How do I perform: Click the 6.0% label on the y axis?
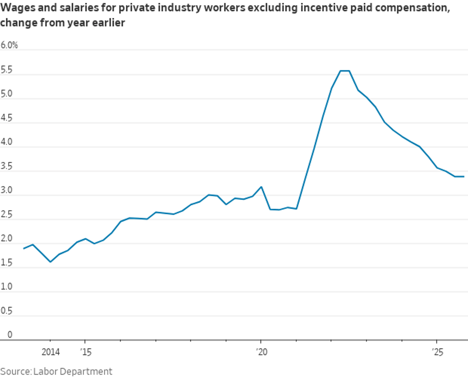9,45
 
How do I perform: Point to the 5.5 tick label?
7,70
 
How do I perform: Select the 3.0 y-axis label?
7,191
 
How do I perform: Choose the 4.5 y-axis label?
7,119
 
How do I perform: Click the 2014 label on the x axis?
50,352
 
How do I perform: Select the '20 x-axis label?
261,352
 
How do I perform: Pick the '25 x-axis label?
437,352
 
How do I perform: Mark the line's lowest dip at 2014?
50,262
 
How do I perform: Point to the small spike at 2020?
261,187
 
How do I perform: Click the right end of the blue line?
464,177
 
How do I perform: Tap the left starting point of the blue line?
24,248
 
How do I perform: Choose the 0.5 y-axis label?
7,311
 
